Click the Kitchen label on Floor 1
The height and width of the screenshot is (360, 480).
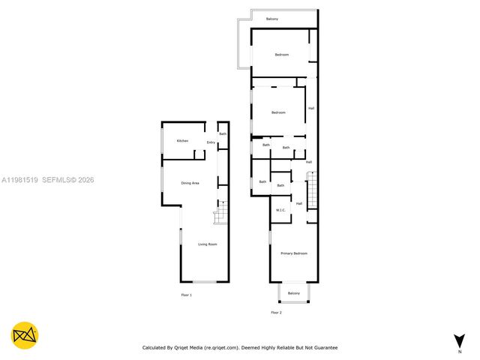click(182, 141)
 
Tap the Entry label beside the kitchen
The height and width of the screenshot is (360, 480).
click(211, 142)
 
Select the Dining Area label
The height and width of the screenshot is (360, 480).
click(190, 183)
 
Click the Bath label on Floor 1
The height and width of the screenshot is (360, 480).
click(223, 133)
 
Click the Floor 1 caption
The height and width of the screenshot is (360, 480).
click(187, 295)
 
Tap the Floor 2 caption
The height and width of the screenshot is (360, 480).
click(276, 312)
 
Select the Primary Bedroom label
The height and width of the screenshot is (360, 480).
click(294, 253)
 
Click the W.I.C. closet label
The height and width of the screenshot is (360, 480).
click(280, 210)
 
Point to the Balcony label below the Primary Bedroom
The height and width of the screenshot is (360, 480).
click(294, 293)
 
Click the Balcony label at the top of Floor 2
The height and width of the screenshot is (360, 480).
click(272, 18)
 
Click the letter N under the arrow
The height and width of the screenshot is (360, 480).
click(459, 351)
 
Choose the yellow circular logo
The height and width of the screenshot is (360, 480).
click(25, 335)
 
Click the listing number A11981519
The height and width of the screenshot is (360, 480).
click(19, 180)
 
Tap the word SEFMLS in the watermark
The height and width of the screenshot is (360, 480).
click(56, 180)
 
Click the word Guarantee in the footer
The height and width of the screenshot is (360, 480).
click(323, 348)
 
